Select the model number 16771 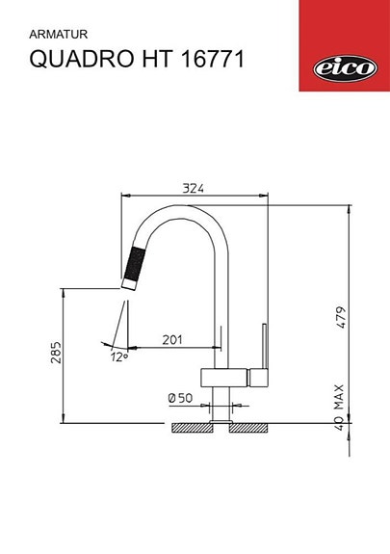click(x=214, y=60)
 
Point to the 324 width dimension click(x=194, y=189)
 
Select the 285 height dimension click(x=56, y=354)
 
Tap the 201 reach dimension click(x=173, y=339)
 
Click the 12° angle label click(x=118, y=357)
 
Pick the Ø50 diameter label click(x=180, y=397)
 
